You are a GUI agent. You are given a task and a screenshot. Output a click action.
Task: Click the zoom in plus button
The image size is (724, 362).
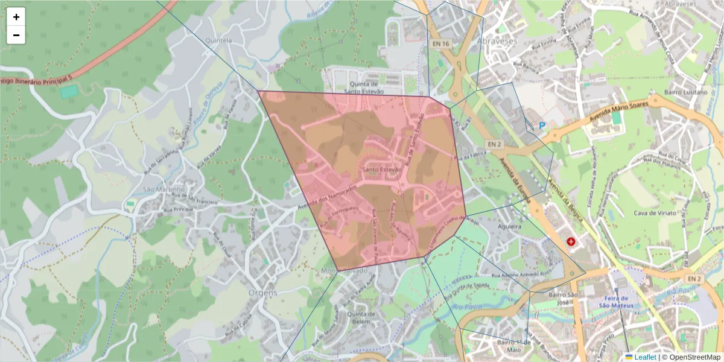pos(16,17)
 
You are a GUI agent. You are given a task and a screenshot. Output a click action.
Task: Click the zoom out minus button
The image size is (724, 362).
pos(16,35)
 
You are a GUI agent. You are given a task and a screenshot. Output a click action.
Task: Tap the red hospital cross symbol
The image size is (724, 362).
pos(571,242)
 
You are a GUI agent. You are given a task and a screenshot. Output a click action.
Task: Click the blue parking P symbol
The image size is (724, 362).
pos(542,125)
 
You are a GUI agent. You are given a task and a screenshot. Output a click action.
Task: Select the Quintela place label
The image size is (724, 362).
pos(219,40)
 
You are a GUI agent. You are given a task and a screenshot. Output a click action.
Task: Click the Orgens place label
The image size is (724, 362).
pos(262,293)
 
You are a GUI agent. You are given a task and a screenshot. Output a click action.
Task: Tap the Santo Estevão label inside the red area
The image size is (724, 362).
pos(381,170)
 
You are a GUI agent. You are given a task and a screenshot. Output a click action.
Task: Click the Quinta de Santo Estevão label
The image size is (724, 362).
pos(364,87)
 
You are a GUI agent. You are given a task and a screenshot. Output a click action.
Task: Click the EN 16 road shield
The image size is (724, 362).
pos(441,44)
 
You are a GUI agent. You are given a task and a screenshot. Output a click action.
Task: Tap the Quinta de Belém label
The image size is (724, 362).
pos(362,318)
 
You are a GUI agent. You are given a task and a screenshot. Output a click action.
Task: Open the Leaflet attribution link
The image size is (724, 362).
pos(644,357)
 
